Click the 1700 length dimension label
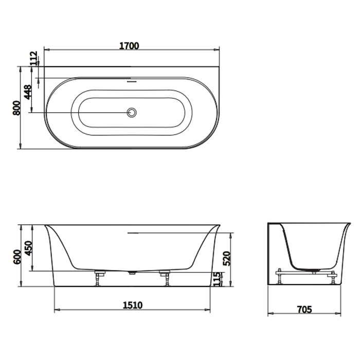[x=129, y=46]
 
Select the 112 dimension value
[x=34, y=58]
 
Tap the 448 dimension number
[x=28, y=92]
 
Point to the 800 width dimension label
[x=16, y=107]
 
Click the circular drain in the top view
[x=132, y=113]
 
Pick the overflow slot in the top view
[x=132, y=81]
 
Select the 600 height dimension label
[x=17, y=257]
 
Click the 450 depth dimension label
[x=28, y=248]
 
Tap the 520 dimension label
[x=227, y=259]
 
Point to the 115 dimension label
[x=217, y=279]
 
